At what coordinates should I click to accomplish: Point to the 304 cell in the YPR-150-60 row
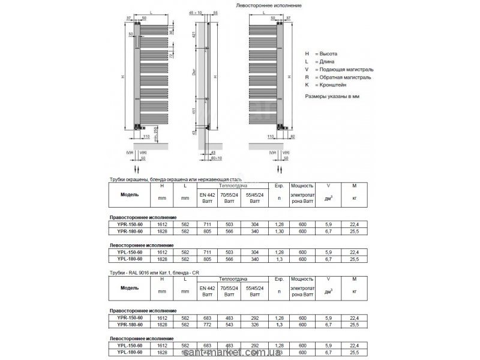(x=254, y=224)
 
